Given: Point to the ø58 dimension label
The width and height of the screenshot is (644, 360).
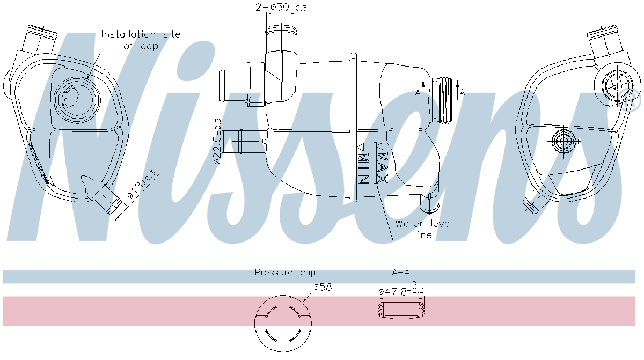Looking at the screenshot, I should point(322,288).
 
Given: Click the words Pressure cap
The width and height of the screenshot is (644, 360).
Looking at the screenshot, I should point(285,273).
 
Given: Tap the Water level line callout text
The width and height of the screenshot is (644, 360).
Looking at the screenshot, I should point(423,229).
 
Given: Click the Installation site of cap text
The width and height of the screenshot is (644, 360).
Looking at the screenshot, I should point(141,40).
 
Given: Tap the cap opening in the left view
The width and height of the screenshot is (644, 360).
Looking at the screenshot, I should point(77,98).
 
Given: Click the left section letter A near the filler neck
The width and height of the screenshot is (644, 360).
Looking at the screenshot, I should point(418,93).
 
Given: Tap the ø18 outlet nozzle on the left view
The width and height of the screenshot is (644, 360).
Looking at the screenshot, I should point(109,201).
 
